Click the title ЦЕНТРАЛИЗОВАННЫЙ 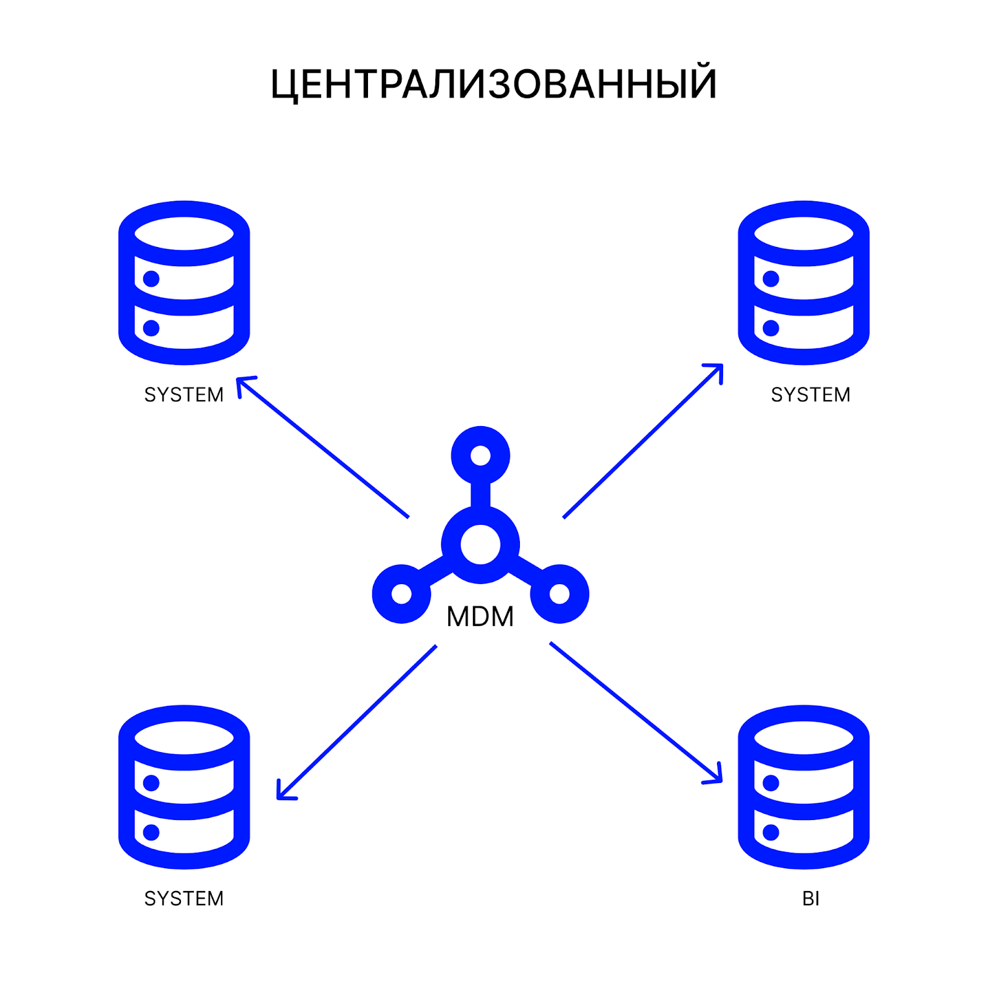click(x=493, y=83)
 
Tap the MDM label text click(x=480, y=616)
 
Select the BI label click(x=811, y=898)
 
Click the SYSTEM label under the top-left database click(x=184, y=395)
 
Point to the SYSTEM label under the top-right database click(x=811, y=395)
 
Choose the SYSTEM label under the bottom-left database click(x=184, y=898)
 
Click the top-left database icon click(x=184, y=283)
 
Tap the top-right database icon click(x=803, y=283)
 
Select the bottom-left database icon click(x=184, y=787)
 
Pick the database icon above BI click(x=803, y=787)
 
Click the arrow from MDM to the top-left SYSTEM click(x=323, y=447)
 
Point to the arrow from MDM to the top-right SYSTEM click(x=643, y=441)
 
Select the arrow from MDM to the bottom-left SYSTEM click(x=357, y=722)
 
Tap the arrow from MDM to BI click(x=636, y=713)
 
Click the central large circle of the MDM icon click(x=480, y=545)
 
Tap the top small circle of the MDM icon click(x=480, y=456)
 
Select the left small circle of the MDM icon click(x=401, y=594)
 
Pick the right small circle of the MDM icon click(x=559, y=594)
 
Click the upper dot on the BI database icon click(x=771, y=783)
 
